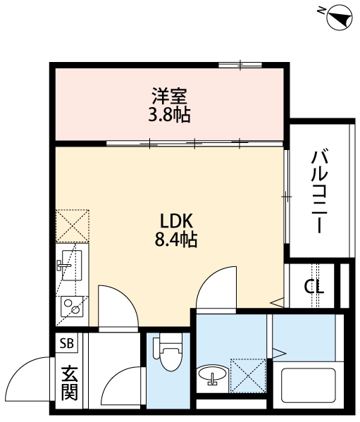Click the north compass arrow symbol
[x=338, y=16]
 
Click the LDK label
[x=171, y=220]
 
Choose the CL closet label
[x=314, y=286]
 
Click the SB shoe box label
[x=67, y=344]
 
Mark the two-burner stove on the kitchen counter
[x=70, y=306]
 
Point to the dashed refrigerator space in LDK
[x=73, y=225]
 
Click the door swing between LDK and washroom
[x=217, y=289]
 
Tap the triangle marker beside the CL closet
[x=278, y=303]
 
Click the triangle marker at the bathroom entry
[x=278, y=350]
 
